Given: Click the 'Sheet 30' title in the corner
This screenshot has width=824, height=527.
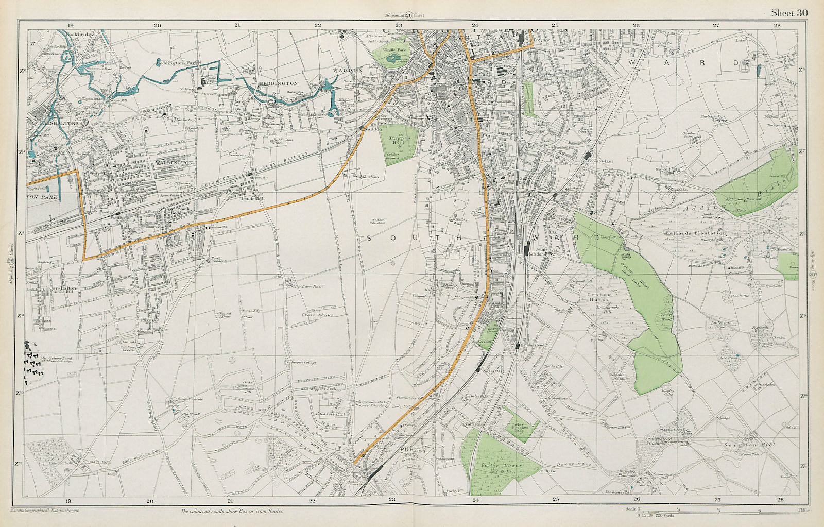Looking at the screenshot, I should (789, 13).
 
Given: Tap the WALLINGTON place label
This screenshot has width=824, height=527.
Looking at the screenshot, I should (175, 162).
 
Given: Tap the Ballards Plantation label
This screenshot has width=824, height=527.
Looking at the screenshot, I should (695, 233).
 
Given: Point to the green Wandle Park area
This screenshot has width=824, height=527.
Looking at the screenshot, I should (397, 57).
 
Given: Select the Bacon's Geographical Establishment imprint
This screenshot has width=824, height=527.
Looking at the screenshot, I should (44, 511).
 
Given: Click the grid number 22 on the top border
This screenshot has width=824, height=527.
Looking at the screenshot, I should (318, 25).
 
